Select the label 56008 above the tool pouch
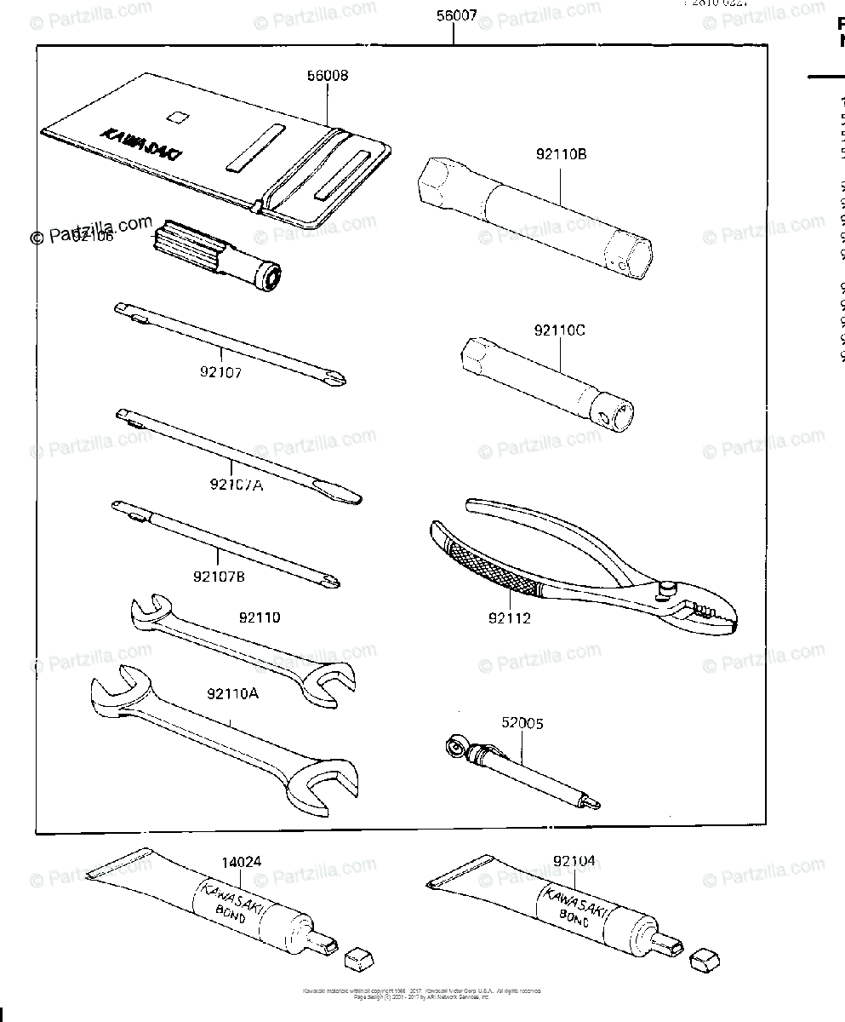click(x=327, y=76)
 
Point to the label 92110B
click(x=561, y=154)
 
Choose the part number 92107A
click(x=236, y=484)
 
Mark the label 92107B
click(x=219, y=577)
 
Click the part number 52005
click(x=521, y=723)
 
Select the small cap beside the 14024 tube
click(x=358, y=959)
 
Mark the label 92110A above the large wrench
click(x=231, y=693)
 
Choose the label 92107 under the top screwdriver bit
click(x=220, y=371)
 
